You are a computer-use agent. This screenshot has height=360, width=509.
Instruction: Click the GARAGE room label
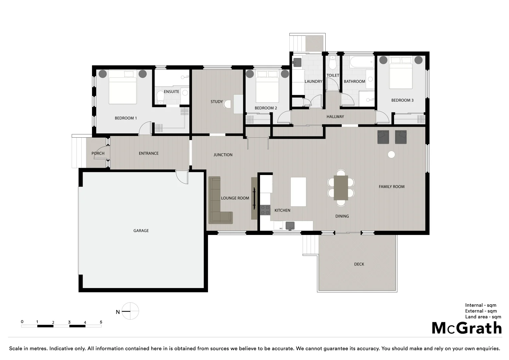pos(141,231)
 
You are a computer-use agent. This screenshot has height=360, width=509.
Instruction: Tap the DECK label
pos(359,264)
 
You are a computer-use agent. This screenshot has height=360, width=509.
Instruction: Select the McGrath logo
pos(467,328)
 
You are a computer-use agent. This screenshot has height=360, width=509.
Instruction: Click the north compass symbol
pos(130,311)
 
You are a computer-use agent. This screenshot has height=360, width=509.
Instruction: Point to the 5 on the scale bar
pos(101,322)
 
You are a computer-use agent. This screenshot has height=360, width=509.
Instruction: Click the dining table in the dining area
pos(341,188)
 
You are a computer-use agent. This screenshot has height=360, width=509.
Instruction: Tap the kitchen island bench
pos(298,192)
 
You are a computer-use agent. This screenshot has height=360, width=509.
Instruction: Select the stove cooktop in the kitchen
pos(265,210)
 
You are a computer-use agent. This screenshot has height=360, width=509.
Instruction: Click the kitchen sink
pos(290,226)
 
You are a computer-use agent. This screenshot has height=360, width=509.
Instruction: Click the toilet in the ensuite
pos(160,98)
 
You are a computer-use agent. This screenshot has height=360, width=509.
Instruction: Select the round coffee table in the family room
pos(391,154)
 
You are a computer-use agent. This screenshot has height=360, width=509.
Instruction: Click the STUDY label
pos(216,102)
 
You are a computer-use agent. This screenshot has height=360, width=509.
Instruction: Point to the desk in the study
pos(238,104)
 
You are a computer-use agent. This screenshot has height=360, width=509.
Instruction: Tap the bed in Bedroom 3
pos(401,73)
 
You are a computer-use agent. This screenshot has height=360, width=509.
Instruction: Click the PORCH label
pos(98,153)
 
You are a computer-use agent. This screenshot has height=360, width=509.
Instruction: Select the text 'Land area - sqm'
pos(483,317)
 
